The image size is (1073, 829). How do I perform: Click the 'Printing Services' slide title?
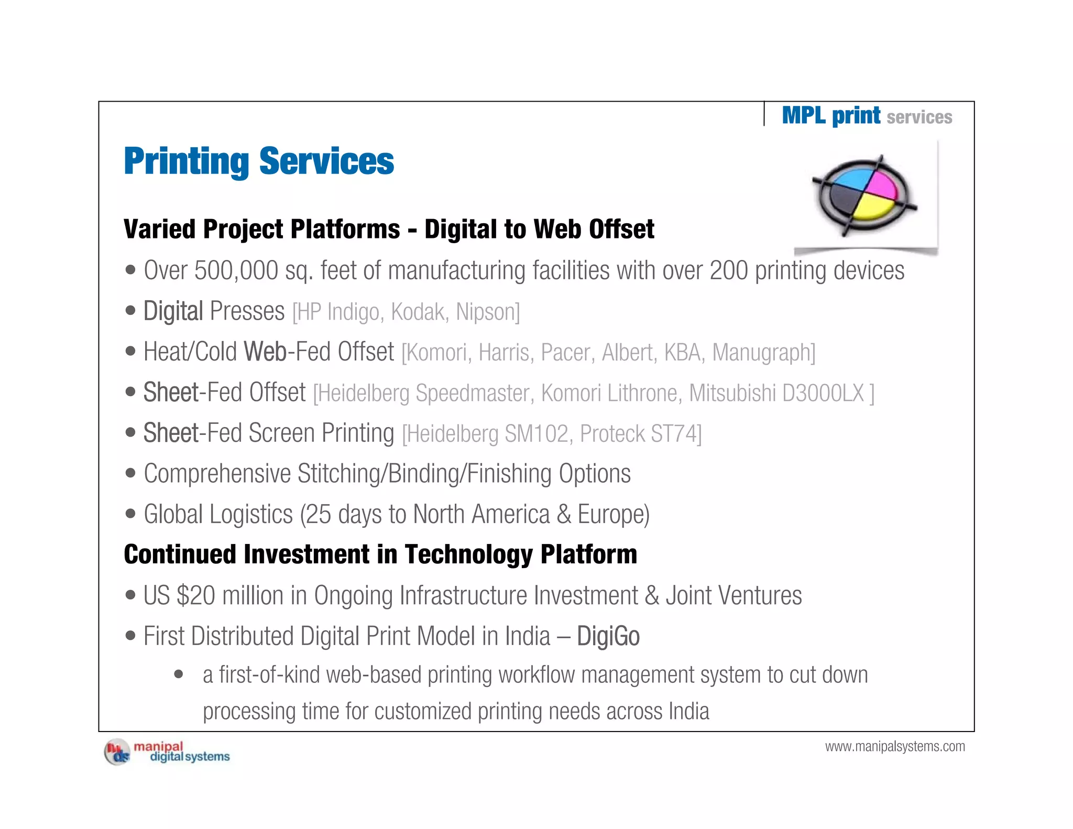point(259,161)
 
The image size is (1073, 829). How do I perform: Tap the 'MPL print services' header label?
point(867,116)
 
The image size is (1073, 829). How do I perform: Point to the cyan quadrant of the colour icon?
point(850,179)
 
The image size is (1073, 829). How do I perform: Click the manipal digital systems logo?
point(167,752)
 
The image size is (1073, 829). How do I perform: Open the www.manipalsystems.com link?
point(895,746)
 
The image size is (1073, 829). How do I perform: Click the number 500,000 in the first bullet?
point(236,271)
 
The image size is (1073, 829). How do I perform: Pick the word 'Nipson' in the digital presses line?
point(486,312)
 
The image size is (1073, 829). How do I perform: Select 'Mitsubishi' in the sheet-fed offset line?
point(732,393)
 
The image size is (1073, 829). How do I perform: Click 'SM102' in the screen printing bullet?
point(536,434)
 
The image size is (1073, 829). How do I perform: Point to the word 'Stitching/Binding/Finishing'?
point(424,474)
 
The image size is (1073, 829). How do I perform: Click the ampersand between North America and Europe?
point(564,515)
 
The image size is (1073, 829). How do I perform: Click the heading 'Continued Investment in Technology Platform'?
point(380,554)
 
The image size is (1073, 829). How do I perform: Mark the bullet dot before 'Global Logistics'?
point(130,514)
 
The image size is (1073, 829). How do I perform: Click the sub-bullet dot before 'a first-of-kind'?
point(179,674)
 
